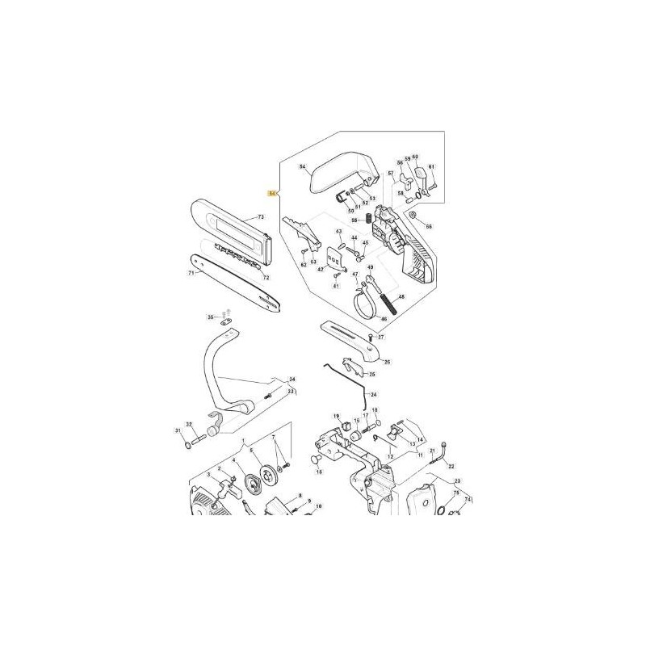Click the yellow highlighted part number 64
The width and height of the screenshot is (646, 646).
click(x=272, y=193)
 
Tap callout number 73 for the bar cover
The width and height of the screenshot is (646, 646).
click(x=261, y=217)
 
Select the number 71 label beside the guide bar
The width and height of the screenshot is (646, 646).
click(x=191, y=273)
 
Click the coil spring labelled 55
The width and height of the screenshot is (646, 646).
click(x=364, y=220)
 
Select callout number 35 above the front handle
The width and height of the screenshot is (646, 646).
click(x=210, y=317)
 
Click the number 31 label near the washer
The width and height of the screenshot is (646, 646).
click(x=178, y=430)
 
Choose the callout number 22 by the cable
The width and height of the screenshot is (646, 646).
click(x=451, y=467)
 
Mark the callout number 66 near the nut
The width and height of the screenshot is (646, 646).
click(x=429, y=226)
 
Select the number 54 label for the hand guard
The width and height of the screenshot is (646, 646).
click(x=303, y=168)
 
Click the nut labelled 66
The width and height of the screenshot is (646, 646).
click(x=413, y=216)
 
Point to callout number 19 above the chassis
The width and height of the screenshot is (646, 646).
click(x=337, y=416)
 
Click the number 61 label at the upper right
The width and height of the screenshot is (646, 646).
click(x=432, y=167)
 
